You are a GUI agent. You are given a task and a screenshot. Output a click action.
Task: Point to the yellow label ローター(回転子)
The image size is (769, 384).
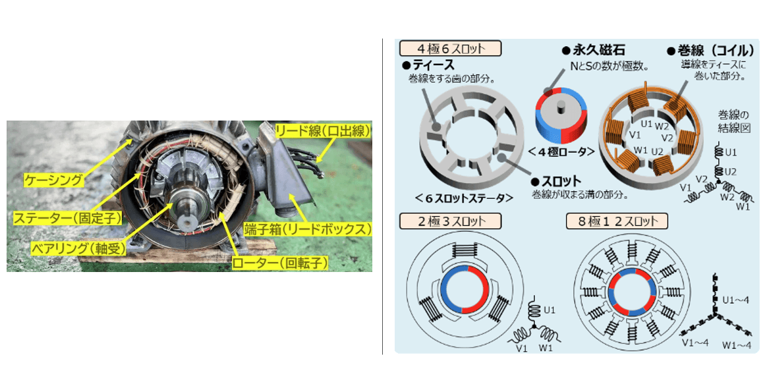point(279,263)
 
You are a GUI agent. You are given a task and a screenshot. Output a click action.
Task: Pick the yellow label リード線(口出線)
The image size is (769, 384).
point(323,130)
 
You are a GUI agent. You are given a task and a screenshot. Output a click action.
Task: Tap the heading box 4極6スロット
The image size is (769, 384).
point(451,49)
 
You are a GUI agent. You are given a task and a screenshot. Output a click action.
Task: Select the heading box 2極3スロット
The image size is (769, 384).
point(450,220)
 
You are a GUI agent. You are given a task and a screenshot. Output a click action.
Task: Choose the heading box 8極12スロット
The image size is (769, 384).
point(617,220)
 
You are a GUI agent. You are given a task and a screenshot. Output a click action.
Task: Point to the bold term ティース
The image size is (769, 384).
point(428,65)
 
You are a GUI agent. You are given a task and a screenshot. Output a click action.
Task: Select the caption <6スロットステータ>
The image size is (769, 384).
point(465,198)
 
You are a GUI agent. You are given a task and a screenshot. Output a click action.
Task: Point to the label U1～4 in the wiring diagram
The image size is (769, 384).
point(737,300)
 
